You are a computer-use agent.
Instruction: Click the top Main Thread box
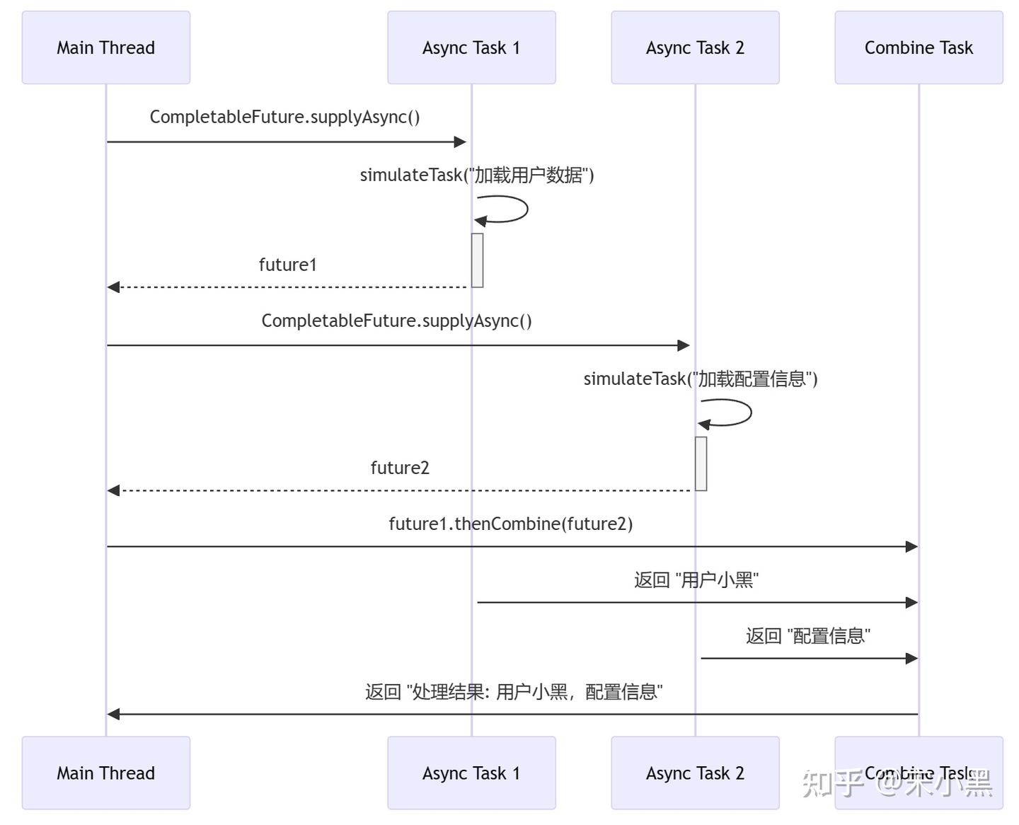106,47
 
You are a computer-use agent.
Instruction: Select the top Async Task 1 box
471,47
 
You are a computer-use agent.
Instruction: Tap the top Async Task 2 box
695,47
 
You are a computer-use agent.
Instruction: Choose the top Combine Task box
919,47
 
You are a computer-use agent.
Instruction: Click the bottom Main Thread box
106,773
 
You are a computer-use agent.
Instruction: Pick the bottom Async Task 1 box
471,773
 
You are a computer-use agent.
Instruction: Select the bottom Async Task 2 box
695,773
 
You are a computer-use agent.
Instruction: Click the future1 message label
287,265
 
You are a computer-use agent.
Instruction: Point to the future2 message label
400,468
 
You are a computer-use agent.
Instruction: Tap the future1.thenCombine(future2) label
510,524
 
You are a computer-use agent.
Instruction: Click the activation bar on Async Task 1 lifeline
478,260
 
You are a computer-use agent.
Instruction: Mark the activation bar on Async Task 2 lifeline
701,463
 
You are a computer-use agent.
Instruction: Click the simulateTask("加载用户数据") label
477,175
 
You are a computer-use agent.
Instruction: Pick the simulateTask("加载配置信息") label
701,379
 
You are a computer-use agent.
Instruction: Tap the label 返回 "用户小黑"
696,580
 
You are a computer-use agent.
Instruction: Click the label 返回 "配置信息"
807,636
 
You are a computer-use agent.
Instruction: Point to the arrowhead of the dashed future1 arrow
113,287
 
